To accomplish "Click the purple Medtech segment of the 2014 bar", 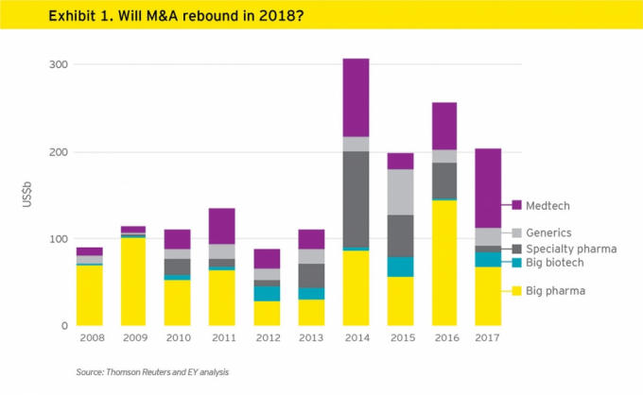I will [x=356, y=97].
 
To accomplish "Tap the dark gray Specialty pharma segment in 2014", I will [x=356, y=198].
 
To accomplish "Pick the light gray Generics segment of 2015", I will [x=400, y=192].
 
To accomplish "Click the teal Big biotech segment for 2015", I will [x=400, y=266].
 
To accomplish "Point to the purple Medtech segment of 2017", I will [x=488, y=188].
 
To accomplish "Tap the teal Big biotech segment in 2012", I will [x=268, y=293].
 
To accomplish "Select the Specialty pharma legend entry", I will [x=566, y=249].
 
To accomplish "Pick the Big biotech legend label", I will [x=557, y=264].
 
